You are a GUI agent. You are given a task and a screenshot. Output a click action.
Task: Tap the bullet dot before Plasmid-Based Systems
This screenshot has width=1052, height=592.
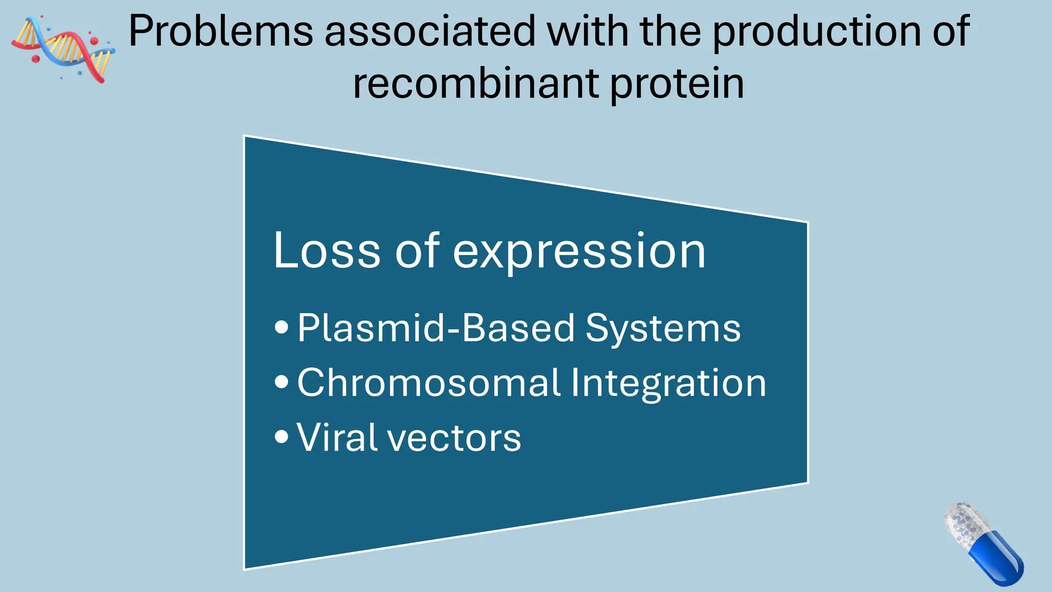click(x=281, y=327)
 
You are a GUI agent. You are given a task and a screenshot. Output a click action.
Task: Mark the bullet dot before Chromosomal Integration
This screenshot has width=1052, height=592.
click(x=281, y=382)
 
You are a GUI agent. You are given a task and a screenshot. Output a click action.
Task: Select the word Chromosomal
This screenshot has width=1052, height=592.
click(x=428, y=383)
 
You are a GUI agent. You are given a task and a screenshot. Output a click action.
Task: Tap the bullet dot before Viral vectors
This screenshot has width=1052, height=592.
click(x=281, y=437)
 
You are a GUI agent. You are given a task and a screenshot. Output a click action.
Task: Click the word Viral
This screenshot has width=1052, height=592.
click(x=336, y=437)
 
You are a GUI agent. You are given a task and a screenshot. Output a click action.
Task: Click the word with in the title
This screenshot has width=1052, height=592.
click(x=588, y=32)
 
